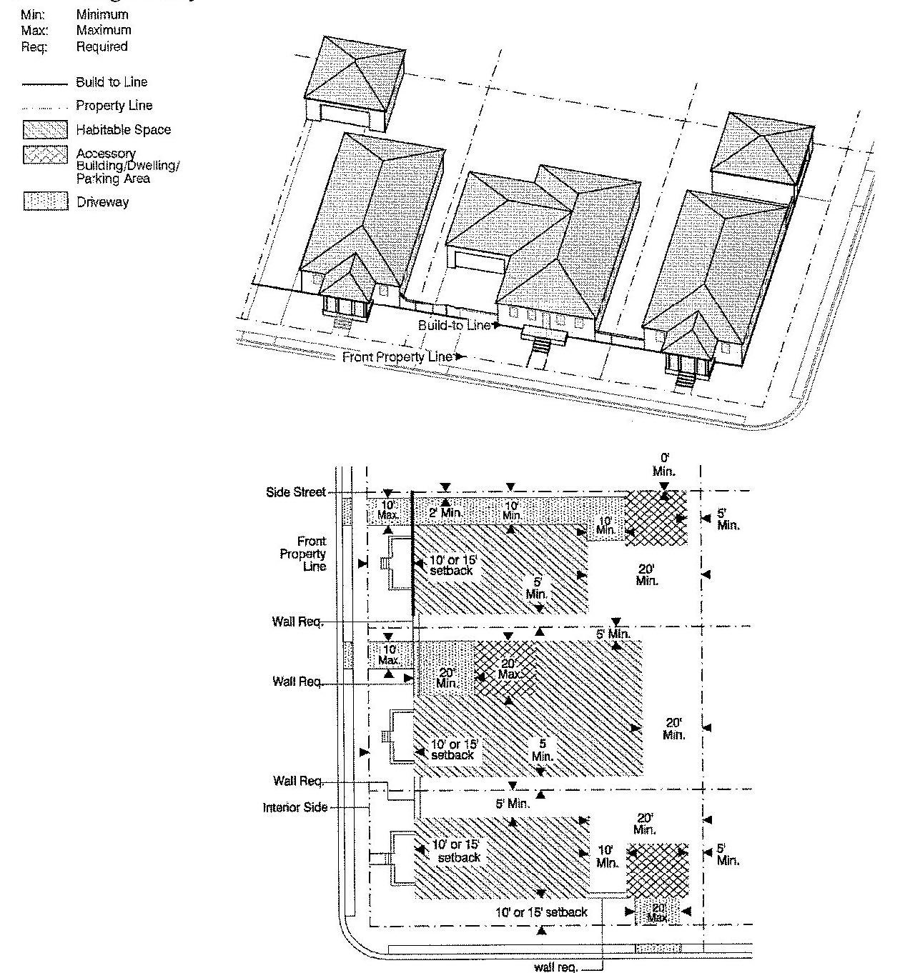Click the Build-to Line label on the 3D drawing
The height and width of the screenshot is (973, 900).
point(455,325)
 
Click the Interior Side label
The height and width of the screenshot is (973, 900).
point(295,807)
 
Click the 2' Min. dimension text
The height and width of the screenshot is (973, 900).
point(446,512)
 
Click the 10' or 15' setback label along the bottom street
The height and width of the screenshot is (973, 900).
point(542,912)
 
